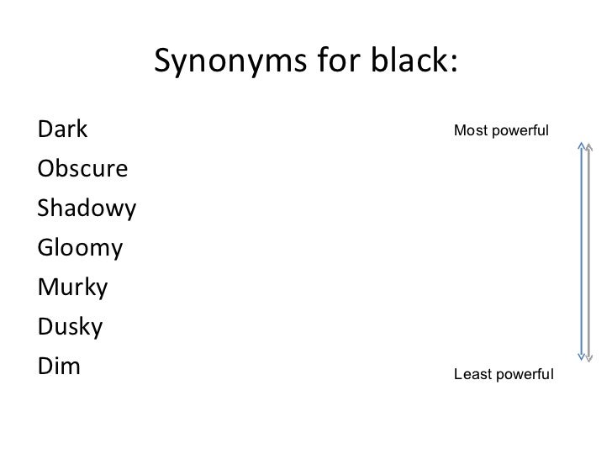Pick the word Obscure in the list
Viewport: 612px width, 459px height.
click(x=82, y=170)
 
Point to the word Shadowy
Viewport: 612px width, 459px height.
click(x=87, y=208)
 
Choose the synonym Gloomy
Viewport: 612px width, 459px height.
click(x=80, y=248)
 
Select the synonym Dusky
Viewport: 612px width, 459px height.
click(x=70, y=326)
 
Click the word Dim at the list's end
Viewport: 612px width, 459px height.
click(x=59, y=366)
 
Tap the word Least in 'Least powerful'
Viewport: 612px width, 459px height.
click(x=470, y=374)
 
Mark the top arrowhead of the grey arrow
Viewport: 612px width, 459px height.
click(x=589, y=146)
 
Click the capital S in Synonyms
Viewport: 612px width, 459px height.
click(x=165, y=61)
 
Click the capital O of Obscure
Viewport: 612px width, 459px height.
click(x=45, y=170)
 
